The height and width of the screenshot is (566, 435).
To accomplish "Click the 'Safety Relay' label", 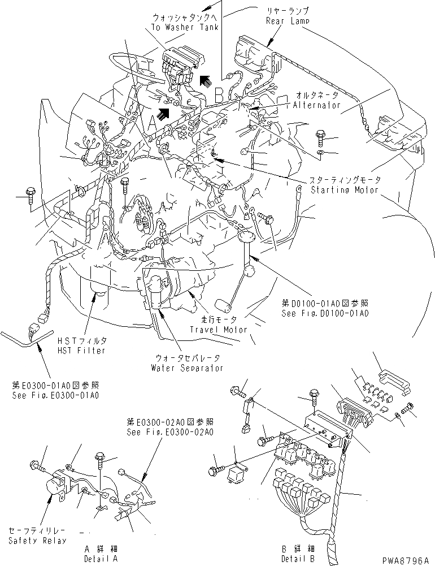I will pyautogui.click(x=37, y=536).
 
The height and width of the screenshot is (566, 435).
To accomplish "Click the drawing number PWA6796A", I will pyautogui.click(x=405, y=559).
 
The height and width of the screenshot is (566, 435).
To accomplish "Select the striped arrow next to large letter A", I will pyautogui.click(x=164, y=114).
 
